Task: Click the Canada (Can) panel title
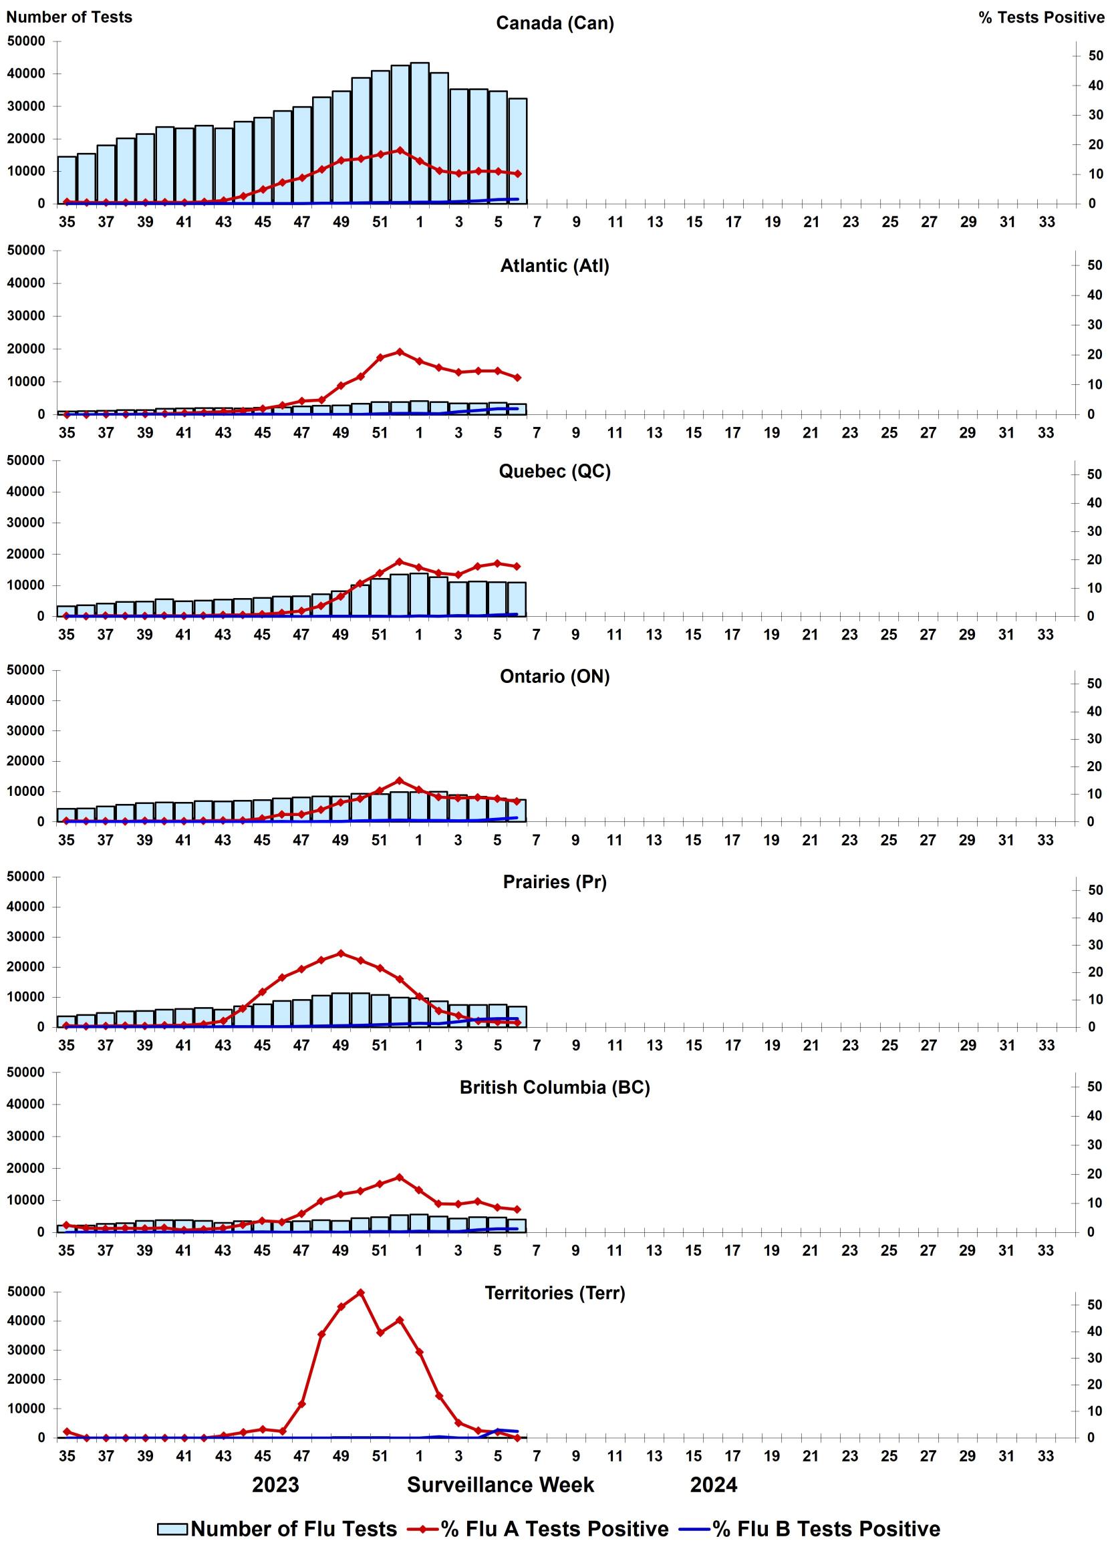[x=554, y=23]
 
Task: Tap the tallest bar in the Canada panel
[x=419, y=133]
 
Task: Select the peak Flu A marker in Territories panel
[x=360, y=1292]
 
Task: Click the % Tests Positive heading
[x=1041, y=18]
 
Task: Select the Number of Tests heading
[x=69, y=17]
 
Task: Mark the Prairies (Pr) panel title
[x=554, y=881]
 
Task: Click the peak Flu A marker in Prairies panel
[x=341, y=954]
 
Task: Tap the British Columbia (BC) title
[x=554, y=1087]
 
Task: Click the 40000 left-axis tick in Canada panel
[x=26, y=74]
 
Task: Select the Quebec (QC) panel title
[x=554, y=471]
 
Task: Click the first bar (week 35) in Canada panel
[x=66, y=180]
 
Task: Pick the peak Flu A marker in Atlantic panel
[x=400, y=351]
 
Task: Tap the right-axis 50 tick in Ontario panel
[x=1094, y=684]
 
